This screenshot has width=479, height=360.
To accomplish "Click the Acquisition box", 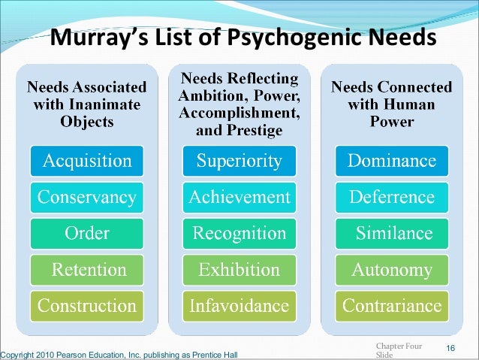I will (x=87, y=161).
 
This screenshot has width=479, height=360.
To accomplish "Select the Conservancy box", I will (x=87, y=198).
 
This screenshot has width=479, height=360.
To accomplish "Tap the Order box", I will (x=87, y=234).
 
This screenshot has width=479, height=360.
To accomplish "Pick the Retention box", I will (x=87, y=270).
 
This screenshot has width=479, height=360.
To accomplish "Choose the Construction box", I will (x=87, y=306).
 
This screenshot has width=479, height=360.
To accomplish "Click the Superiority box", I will (x=239, y=161).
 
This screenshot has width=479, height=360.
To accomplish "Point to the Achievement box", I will (x=239, y=198).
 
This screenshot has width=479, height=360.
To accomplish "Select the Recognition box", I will (x=239, y=234).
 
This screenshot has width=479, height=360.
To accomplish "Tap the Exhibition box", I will (x=239, y=270).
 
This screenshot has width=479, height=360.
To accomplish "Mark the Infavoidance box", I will (x=239, y=306).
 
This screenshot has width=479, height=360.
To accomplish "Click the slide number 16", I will (x=451, y=347).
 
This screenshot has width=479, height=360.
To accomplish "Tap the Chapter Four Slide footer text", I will (x=398, y=350).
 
